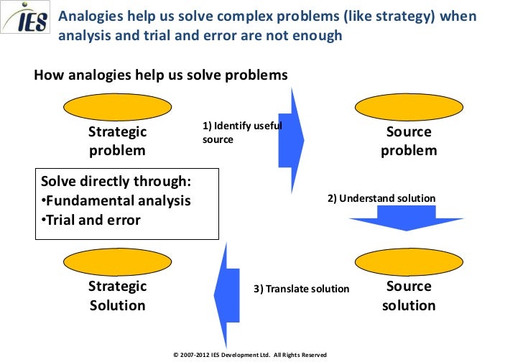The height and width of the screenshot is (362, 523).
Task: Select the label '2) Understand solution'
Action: pos(381,198)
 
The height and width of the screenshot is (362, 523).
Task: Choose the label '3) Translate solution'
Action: pos(301,289)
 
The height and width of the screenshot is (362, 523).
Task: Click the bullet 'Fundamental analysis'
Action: pos(116,201)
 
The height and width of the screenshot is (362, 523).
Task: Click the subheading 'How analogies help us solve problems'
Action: pos(161,75)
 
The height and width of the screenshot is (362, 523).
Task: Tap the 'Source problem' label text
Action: pos(409,141)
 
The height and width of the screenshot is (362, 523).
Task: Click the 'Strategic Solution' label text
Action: pos(117,296)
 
